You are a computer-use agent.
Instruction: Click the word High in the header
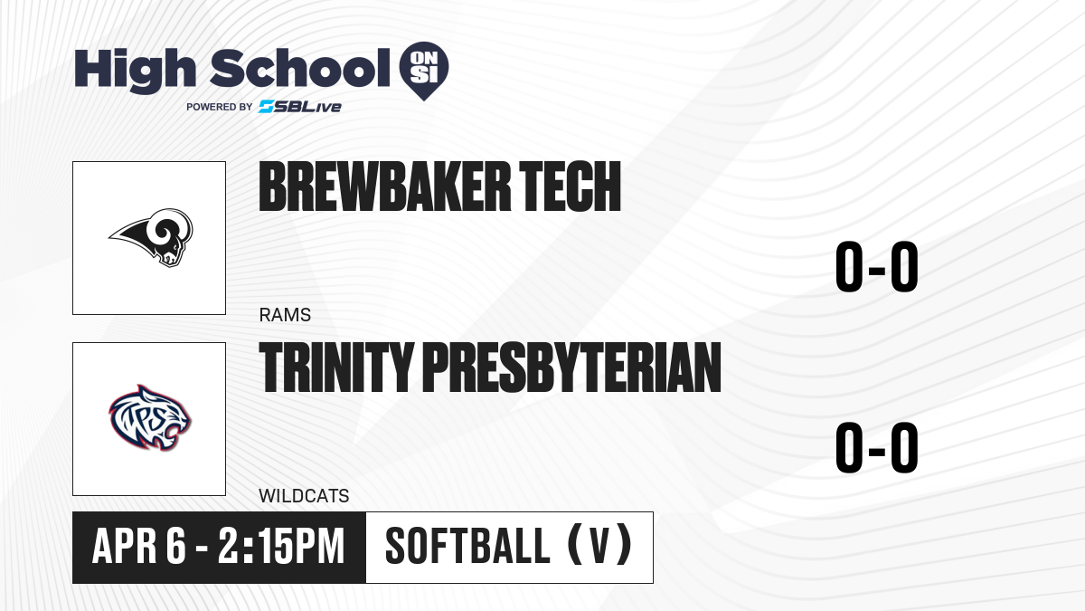coord(135,70)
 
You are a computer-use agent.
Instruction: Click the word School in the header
coord(300,68)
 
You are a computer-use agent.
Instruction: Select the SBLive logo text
coord(300,107)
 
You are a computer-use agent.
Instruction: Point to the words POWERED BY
coord(220,107)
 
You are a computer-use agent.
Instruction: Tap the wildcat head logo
coord(150,418)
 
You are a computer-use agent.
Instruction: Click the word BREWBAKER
coord(385,186)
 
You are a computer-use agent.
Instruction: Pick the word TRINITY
coord(336,368)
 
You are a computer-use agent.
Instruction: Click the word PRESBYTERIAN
coord(572,368)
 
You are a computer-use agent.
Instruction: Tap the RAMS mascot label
coord(285,315)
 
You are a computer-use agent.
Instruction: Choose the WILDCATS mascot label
coord(304,496)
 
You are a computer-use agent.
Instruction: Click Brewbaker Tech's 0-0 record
coord(877,267)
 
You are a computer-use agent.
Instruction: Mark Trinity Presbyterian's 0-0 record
coord(877,447)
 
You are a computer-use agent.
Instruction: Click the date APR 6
coord(139,546)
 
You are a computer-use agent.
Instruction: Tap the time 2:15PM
coord(281,546)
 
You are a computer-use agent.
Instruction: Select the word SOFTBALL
coord(468,546)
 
